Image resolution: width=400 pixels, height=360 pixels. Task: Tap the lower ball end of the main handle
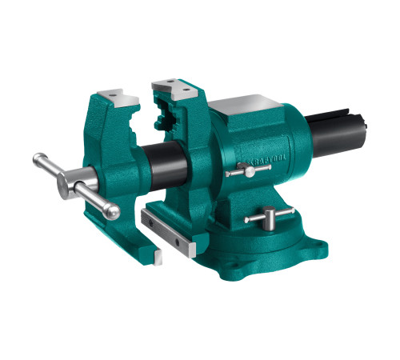[x=113, y=212]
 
